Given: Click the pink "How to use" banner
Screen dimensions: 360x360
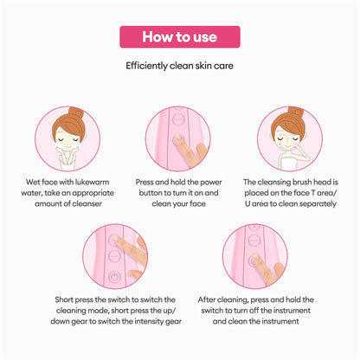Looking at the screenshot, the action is (180, 37).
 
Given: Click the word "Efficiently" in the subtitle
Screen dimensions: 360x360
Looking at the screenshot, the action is (146, 66).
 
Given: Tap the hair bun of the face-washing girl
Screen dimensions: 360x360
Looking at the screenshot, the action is (76, 112).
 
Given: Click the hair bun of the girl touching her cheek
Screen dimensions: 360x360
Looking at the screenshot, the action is (296, 112).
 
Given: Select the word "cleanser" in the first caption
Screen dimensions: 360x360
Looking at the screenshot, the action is (87, 203).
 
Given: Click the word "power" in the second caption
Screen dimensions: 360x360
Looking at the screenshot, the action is (211, 183).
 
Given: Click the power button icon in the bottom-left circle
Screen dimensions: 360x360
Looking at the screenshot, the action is (114, 277).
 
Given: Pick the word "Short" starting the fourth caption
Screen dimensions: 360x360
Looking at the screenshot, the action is (64, 299).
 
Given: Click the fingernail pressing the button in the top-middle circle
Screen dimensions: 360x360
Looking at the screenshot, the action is (178, 137).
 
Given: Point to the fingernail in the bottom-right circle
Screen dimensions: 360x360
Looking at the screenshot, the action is (255, 255).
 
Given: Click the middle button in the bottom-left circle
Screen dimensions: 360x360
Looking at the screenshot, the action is (114, 256).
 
